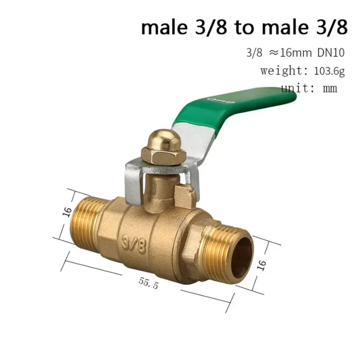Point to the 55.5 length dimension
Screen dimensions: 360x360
(x=148, y=283)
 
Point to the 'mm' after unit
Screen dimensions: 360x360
(x=330, y=88)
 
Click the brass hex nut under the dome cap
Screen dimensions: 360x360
(x=160, y=155)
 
